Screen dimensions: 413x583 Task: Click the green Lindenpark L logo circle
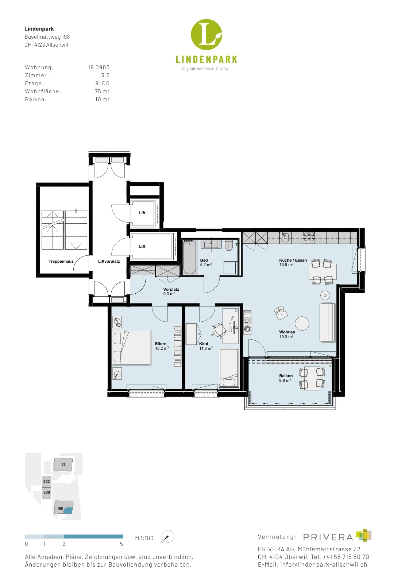(206, 35)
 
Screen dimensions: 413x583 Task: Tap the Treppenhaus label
(61, 261)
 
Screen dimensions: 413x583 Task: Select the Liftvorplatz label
(109, 261)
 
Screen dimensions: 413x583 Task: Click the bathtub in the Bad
(189, 257)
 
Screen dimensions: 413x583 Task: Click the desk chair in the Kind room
(219, 330)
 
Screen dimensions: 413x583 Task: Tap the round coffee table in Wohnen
(302, 323)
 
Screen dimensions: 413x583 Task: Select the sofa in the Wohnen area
(328, 322)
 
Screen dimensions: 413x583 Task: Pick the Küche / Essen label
(293, 260)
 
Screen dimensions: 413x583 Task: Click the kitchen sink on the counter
(285, 237)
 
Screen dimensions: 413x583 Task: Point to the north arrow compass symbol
(167, 537)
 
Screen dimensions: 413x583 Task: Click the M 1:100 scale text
(144, 538)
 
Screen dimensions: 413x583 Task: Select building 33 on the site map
(63, 464)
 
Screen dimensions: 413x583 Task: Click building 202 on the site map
(47, 481)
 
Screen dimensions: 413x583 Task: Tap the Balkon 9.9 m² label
(286, 378)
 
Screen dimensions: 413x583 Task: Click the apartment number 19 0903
(99, 67)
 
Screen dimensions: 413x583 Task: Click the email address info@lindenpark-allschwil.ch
(324, 564)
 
